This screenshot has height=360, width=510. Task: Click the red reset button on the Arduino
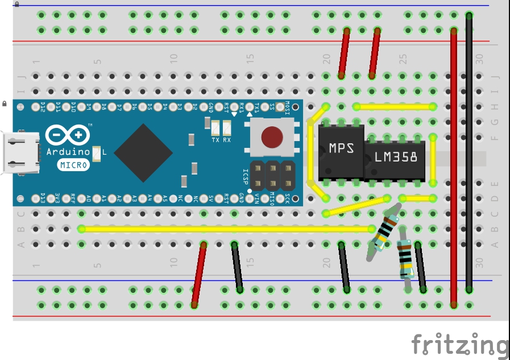[x=272, y=136]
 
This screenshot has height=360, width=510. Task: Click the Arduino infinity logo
[x=67, y=134]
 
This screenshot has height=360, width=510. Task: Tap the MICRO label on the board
[x=73, y=165]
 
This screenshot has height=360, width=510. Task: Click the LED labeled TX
[x=215, y=129]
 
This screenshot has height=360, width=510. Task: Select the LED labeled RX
[x=227, y=129]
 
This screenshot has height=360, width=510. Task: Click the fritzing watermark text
[x=459, y=345]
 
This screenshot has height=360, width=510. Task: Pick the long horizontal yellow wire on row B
[x=227, y=229]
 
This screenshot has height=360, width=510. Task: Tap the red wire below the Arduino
[x=199, y=275]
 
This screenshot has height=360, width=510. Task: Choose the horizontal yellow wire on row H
[x=394, y=106]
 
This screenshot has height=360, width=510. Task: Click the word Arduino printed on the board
[x=67, y=152]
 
